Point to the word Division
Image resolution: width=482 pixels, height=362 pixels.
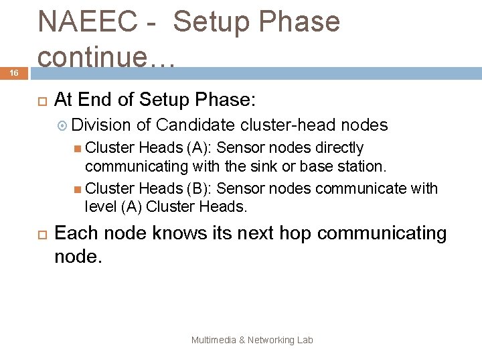(x=101, y=125)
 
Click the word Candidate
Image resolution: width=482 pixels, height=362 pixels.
(x=197, y=125)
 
